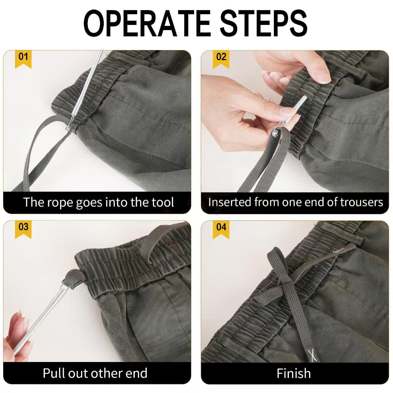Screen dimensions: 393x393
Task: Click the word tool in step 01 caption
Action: (x=163, y=202)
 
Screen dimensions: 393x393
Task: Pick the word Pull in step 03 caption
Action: (x=54, y=373)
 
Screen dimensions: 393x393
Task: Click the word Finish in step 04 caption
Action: (x=294, y=373)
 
